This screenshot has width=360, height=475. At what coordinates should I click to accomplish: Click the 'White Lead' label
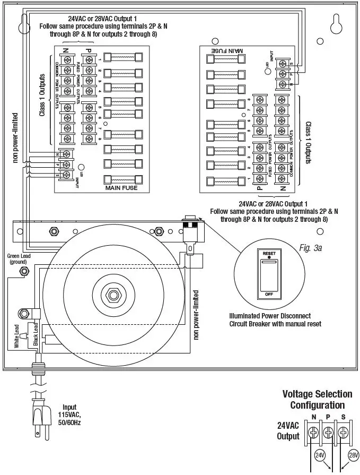[x=16, y=336]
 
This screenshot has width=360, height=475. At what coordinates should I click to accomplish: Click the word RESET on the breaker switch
[x=269, y=254]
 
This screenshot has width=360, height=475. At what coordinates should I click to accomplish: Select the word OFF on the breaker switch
[x=269, y=293]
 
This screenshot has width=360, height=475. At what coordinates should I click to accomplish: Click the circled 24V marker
[x=320, y=455]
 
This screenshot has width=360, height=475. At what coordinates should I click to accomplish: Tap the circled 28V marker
[x=354, y=455]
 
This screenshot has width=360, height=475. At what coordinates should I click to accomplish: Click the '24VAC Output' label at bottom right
[x=288, y=431]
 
